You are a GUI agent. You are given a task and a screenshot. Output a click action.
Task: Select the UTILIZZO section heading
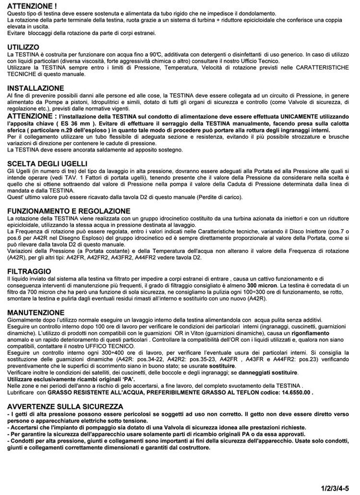pos(24,48)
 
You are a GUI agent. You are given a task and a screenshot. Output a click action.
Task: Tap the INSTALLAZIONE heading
pos(36,89)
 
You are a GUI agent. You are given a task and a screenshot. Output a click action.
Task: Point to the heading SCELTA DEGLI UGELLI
pos(47,164)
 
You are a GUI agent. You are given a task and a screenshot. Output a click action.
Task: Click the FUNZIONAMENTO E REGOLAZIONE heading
pos(69,211)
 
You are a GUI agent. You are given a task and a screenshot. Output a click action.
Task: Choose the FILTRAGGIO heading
pos(29,271)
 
